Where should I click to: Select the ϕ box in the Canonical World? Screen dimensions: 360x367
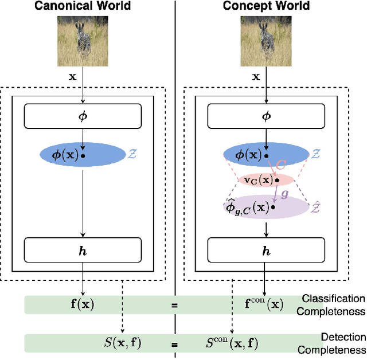(83, 116)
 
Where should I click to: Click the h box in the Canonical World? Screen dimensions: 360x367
(83, 249)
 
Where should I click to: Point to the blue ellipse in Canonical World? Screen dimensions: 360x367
(83, 155)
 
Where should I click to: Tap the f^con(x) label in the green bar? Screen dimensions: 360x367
(264, 304)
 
